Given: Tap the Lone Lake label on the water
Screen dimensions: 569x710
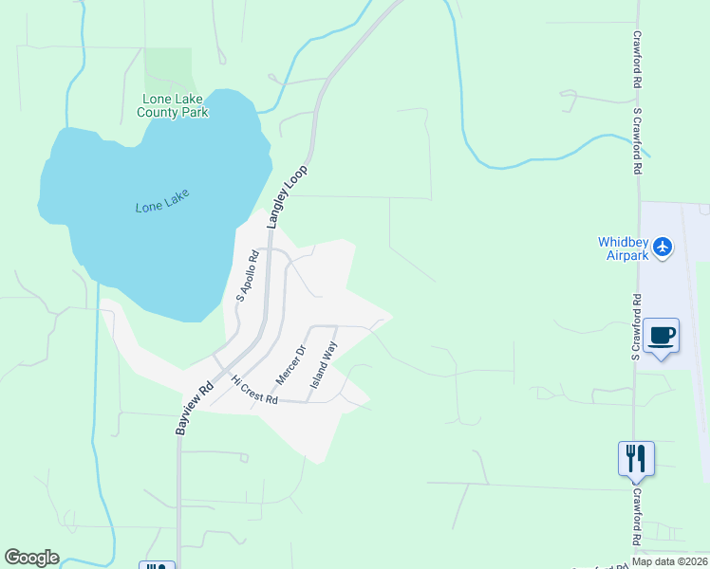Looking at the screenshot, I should (x=162, y=200).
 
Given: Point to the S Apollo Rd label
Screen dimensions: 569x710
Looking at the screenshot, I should (x=248, y=276).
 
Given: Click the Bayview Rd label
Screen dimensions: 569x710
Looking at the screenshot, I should (x=194, y=409).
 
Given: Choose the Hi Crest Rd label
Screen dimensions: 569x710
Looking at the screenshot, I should (x=253, y=390).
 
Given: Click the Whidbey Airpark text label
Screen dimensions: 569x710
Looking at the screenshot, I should (x=623, y=248).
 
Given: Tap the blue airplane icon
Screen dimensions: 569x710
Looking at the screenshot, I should (x=663, y=248).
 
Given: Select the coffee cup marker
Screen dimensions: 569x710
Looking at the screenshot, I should (x=662, y=335).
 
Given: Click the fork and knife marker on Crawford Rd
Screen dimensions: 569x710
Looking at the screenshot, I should (x=636, y=458).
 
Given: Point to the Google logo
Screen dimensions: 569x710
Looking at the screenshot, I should (x=31, y=558).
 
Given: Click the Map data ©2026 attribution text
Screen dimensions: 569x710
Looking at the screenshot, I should (x=668, y=561).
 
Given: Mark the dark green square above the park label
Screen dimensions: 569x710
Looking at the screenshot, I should (x=168, y=68).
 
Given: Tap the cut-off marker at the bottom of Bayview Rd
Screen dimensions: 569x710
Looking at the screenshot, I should (x=158, y=565).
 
